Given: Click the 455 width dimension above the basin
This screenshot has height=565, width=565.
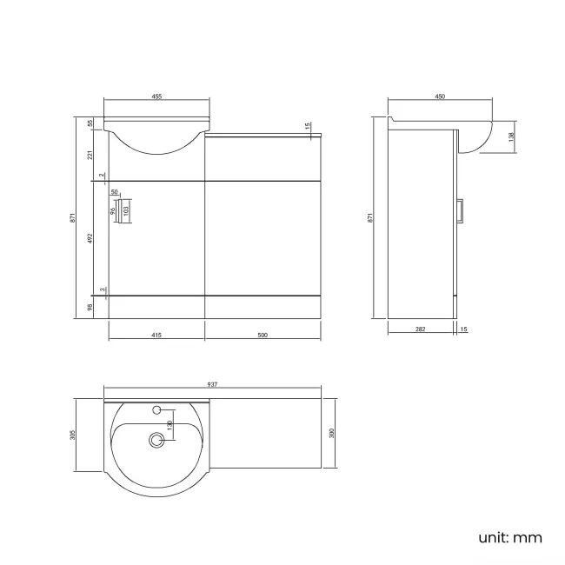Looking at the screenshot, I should (156, 97).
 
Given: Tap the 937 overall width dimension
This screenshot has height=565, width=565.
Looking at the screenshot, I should (212, 385).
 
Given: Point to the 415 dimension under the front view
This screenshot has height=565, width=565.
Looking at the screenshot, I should (156, 335).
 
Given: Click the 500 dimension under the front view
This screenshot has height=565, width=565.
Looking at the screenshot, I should (263, 335).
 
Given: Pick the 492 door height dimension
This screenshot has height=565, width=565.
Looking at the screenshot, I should (90, 238).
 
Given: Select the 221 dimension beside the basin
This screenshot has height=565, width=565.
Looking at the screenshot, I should (90, 155).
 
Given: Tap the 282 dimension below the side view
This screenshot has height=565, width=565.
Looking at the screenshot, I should (420, 329).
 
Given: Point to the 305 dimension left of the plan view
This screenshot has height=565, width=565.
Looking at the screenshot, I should (74, 435).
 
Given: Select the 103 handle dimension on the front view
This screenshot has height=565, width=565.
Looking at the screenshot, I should (126, 209).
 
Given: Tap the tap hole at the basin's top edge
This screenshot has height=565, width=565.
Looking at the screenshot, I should (157, 409).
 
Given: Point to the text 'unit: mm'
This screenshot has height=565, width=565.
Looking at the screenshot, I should (510, 537).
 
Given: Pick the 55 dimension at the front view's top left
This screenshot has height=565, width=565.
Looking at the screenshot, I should (90, 123).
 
